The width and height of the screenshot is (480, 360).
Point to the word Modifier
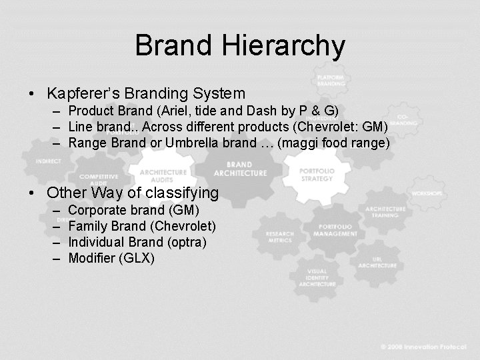(93, 258)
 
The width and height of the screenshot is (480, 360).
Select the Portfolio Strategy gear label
(317, 175)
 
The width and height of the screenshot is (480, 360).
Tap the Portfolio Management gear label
(335, 230)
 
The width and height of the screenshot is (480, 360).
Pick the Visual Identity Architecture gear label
(317, 277)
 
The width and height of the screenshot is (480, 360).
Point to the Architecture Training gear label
(385, 213)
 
